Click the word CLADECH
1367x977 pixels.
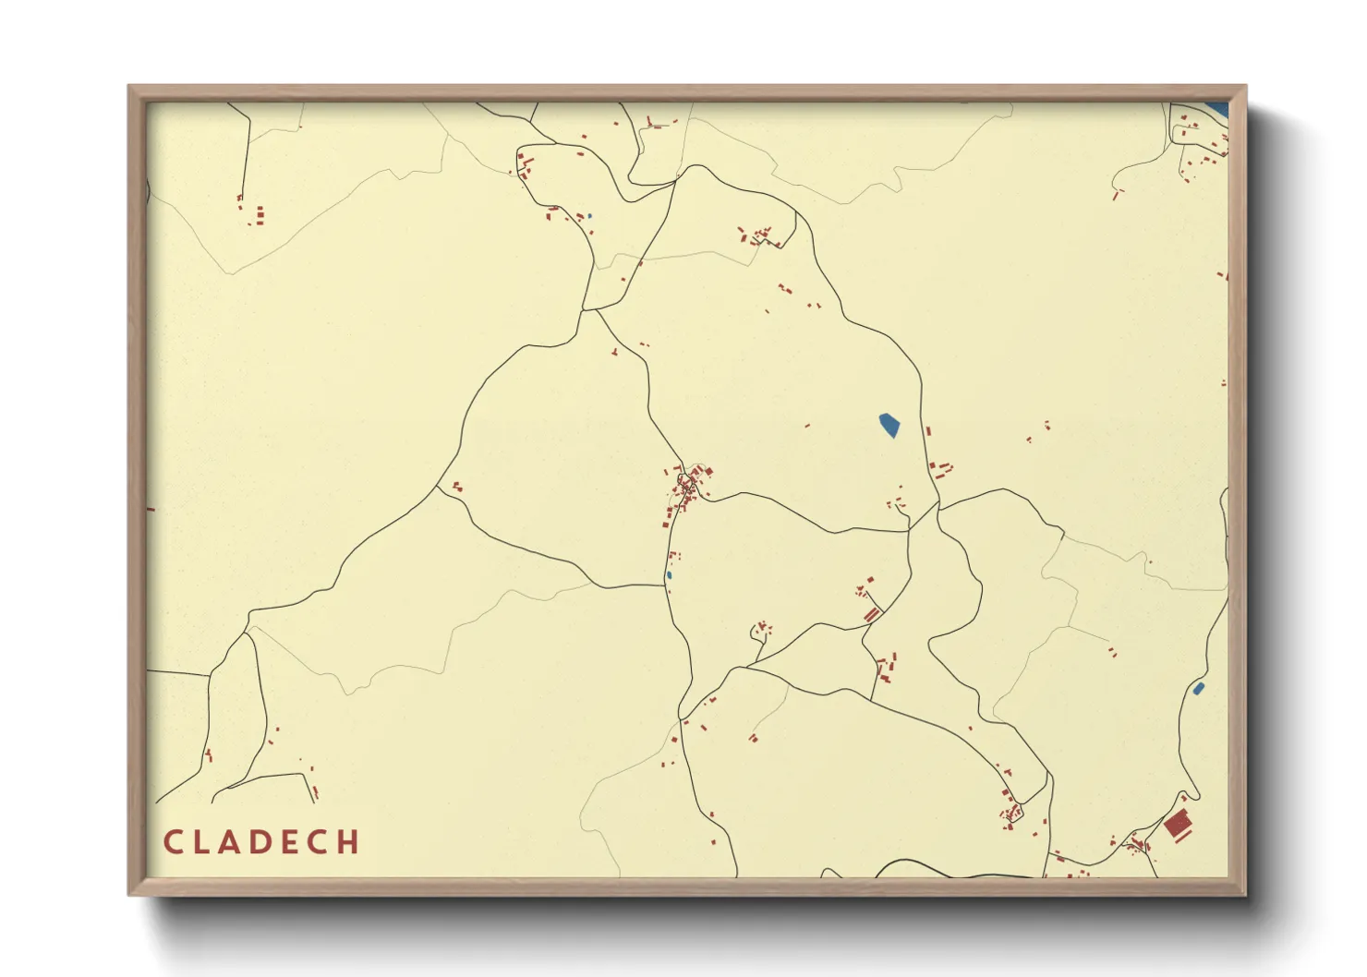click(261, 842)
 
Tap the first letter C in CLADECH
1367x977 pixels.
click(172, 842)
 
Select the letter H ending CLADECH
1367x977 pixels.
click(348, 842)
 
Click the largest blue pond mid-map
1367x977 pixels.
click(889, 425)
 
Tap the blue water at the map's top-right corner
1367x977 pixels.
click(1217, 109)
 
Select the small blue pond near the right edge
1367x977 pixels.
click(1198, 688)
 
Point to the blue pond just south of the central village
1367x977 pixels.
click(669, 575)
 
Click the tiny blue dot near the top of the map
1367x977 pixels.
click(589, 216)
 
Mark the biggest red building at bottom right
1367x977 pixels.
click(1176, 824)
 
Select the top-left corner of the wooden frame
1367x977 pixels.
click(130, 88)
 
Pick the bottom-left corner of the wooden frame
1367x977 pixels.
click(130, 894)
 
